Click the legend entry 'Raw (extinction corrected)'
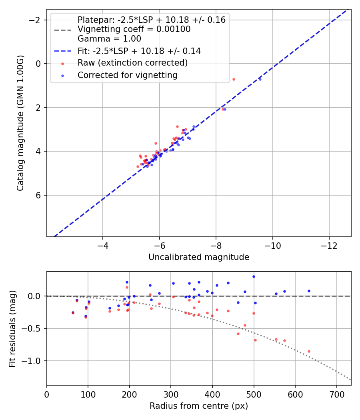tap(132, 63)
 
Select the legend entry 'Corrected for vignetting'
tap(127, 75)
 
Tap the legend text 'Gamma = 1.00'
tap(109, 39)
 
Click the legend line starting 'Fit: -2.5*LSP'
tap(139, 51)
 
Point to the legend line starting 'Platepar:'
tap(151, 20)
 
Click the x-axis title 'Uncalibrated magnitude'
tap(199, 257)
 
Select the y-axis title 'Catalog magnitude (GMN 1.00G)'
tap(21, 123)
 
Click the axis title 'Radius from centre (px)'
tap(199, 406)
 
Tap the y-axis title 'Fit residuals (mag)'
tap(12, 328)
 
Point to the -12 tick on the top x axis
tap(329, 244)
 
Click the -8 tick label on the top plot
tap(216, 244)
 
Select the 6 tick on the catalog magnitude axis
tap(39, 195)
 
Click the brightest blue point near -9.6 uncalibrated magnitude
tap(260, 79)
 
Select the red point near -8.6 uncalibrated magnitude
tap(234, 79)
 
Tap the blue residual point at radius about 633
tap(309, 291)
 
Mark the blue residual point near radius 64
tap(73, 312)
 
